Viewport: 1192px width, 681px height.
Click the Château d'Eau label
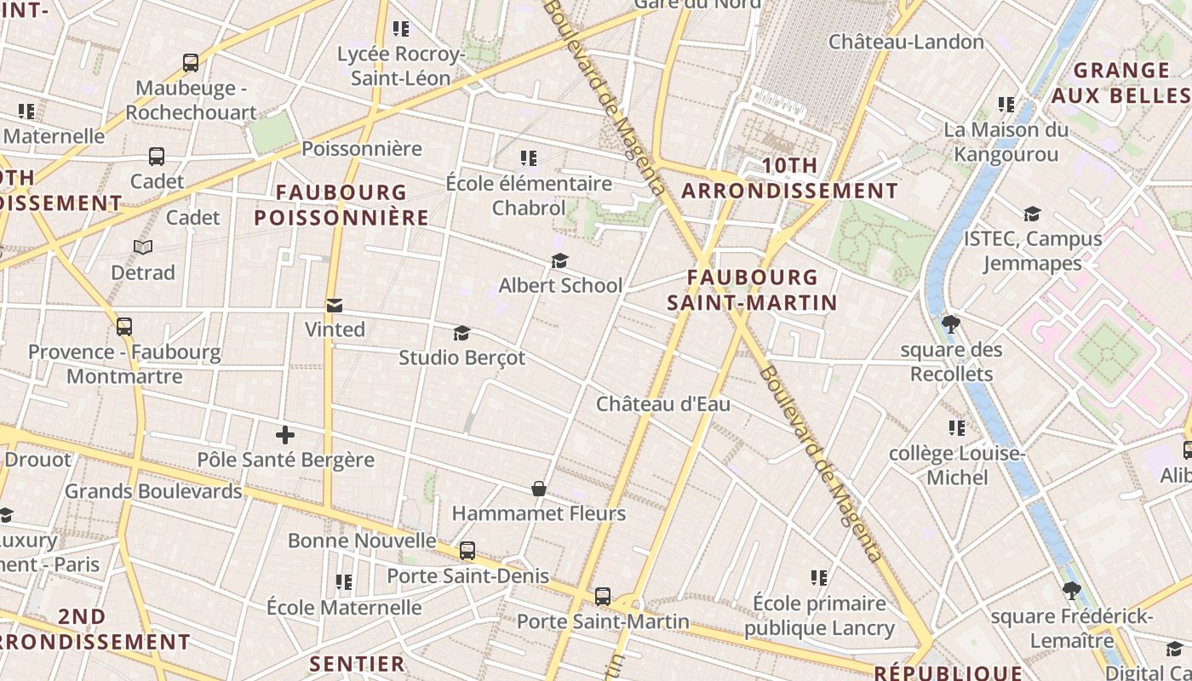click(x=662, y=403)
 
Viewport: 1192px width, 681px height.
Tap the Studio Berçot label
click(x=461, y=358)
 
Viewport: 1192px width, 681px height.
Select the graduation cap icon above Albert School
click(x=559, y=260)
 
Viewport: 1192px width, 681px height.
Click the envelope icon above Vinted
click(x=335, y=306)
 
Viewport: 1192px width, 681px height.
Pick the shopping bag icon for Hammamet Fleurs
click(x=539, y=489)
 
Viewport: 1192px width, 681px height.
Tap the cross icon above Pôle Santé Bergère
click(x=285, y=436)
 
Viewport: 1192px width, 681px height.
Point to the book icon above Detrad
click(x=143, y=248)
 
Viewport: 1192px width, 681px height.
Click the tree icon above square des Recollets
click(x=951, y=324)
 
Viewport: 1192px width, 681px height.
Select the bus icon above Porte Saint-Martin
click(x=603, y=596)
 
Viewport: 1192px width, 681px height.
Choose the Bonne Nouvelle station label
click(x=362, y=541)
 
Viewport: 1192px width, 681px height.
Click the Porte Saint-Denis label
click(x=467, y=576)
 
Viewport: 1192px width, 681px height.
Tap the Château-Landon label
click(x=906, y=41)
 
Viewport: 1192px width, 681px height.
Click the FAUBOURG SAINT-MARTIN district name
click(x=752, y=289)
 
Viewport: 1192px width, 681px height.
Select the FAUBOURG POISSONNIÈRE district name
click(x=341, y=204)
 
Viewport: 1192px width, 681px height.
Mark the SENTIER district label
click(x=357, y=663)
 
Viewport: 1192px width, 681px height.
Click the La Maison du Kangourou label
click(x=1006, y=142)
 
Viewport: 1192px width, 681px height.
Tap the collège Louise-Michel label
click(x=957, y=466)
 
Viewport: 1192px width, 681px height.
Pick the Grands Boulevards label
click(x=153, y=491)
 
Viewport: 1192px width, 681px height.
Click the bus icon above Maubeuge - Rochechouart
click(x=191, y=62)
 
